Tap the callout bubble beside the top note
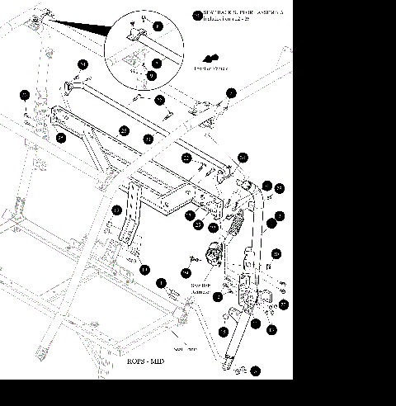196,14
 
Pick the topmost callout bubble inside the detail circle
158,27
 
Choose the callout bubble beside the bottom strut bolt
255,371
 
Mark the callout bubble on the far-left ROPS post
25,94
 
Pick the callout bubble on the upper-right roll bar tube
232,93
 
